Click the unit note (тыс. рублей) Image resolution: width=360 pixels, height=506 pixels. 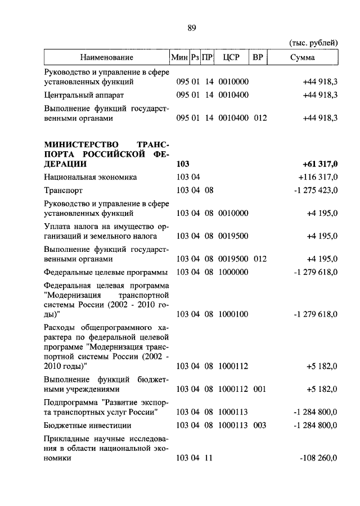click(x=313, y=43)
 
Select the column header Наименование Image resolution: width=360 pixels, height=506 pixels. click(x=107, y=57)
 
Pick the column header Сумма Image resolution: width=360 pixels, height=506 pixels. click(x=303, y=57)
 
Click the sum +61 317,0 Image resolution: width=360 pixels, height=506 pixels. click(x=319, y=164)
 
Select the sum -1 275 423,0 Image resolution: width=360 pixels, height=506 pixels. click(x=315, y=190)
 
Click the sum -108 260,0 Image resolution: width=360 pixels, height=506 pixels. click(x=318, y=458)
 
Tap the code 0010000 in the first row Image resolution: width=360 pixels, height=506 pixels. click(x=233, y=82)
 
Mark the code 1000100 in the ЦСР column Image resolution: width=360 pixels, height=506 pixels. click(x=233, y=313)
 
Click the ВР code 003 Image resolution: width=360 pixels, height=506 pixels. click(x=259, y=426)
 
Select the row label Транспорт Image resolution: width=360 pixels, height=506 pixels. click(x=62, y=190)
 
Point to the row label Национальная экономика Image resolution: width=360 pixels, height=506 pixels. click(x=91, y=177)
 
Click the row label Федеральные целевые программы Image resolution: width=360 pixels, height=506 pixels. click(x=106, y=272)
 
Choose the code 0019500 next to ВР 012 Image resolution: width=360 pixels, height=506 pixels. click(x=233, y=259)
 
